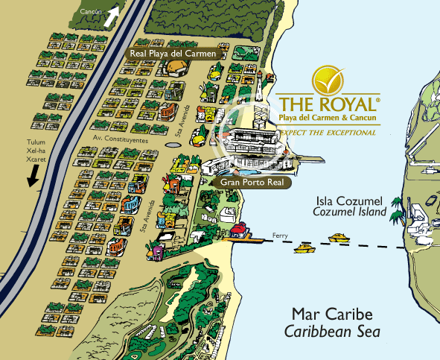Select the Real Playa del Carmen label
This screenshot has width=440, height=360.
(x=173, y=54)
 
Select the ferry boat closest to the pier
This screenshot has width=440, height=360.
(x=305, y=247)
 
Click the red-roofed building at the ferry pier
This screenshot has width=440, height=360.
(x=240, y=230)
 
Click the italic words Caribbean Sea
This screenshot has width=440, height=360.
(x=335, y=330)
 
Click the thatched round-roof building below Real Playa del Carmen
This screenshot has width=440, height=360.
(x=176, y=69)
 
